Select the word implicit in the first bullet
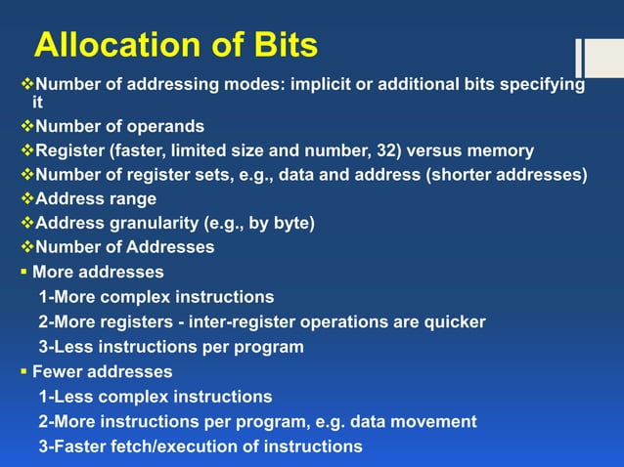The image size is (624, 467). pyautogui.click(x=323, y=84)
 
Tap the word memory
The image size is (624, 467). pyautogui.click(x=496, y=150)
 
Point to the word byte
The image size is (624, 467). pyautogui.click(x=290, y=224)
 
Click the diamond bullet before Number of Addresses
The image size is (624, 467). pyautogui.click(x=27, y=248)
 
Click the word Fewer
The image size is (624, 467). pyautogui.click(x=60, y=372)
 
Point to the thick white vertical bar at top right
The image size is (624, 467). pyautogui.click(x=579, y=58)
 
